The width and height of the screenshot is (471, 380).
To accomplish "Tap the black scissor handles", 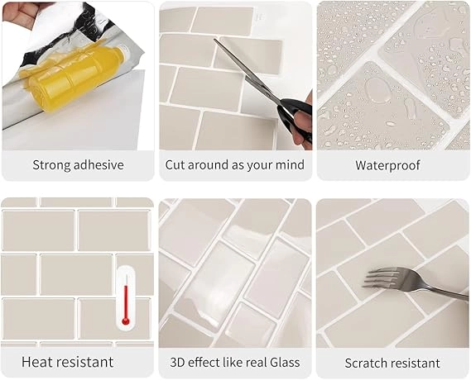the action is (296, 118).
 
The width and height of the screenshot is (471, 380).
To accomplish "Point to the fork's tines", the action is (379, 278).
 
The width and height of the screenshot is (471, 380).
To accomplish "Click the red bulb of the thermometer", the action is (126, 322).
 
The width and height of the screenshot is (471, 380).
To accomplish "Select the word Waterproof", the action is (387, 165).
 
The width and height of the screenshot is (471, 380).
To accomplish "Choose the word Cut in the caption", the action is (175, 165).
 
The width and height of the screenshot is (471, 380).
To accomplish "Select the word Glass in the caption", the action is (285, 363).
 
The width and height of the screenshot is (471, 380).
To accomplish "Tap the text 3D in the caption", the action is (177, 363).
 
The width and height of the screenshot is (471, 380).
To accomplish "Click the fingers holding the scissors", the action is (303, 123).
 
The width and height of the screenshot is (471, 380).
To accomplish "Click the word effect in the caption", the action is (200, 363).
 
